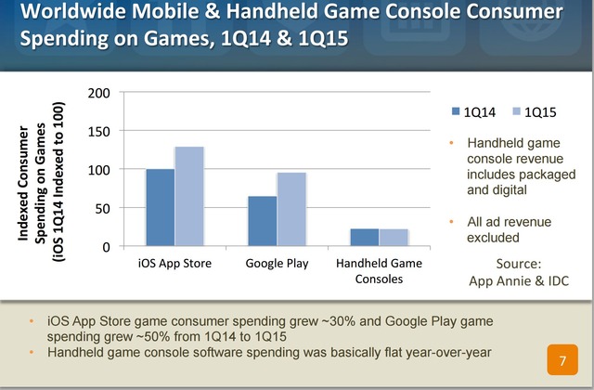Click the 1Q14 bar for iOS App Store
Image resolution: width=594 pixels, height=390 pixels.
click(x=161, y=208)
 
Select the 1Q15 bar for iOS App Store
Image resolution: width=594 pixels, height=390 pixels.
click(x=189, y=197)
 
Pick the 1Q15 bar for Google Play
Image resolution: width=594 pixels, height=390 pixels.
click(x=291, y=210)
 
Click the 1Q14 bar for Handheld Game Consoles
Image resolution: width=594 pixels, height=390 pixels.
click(x=366, y=238)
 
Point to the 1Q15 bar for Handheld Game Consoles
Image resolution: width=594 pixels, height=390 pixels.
click(x=394, y=238)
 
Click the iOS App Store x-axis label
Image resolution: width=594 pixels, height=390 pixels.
click(x=174, y=264)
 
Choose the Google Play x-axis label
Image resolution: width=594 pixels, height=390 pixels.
click(x=277, y=264)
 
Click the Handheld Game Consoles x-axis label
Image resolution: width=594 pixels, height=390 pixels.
click(x=380, y=270)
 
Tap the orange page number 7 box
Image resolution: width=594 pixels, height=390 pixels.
click(x=562, y=358)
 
